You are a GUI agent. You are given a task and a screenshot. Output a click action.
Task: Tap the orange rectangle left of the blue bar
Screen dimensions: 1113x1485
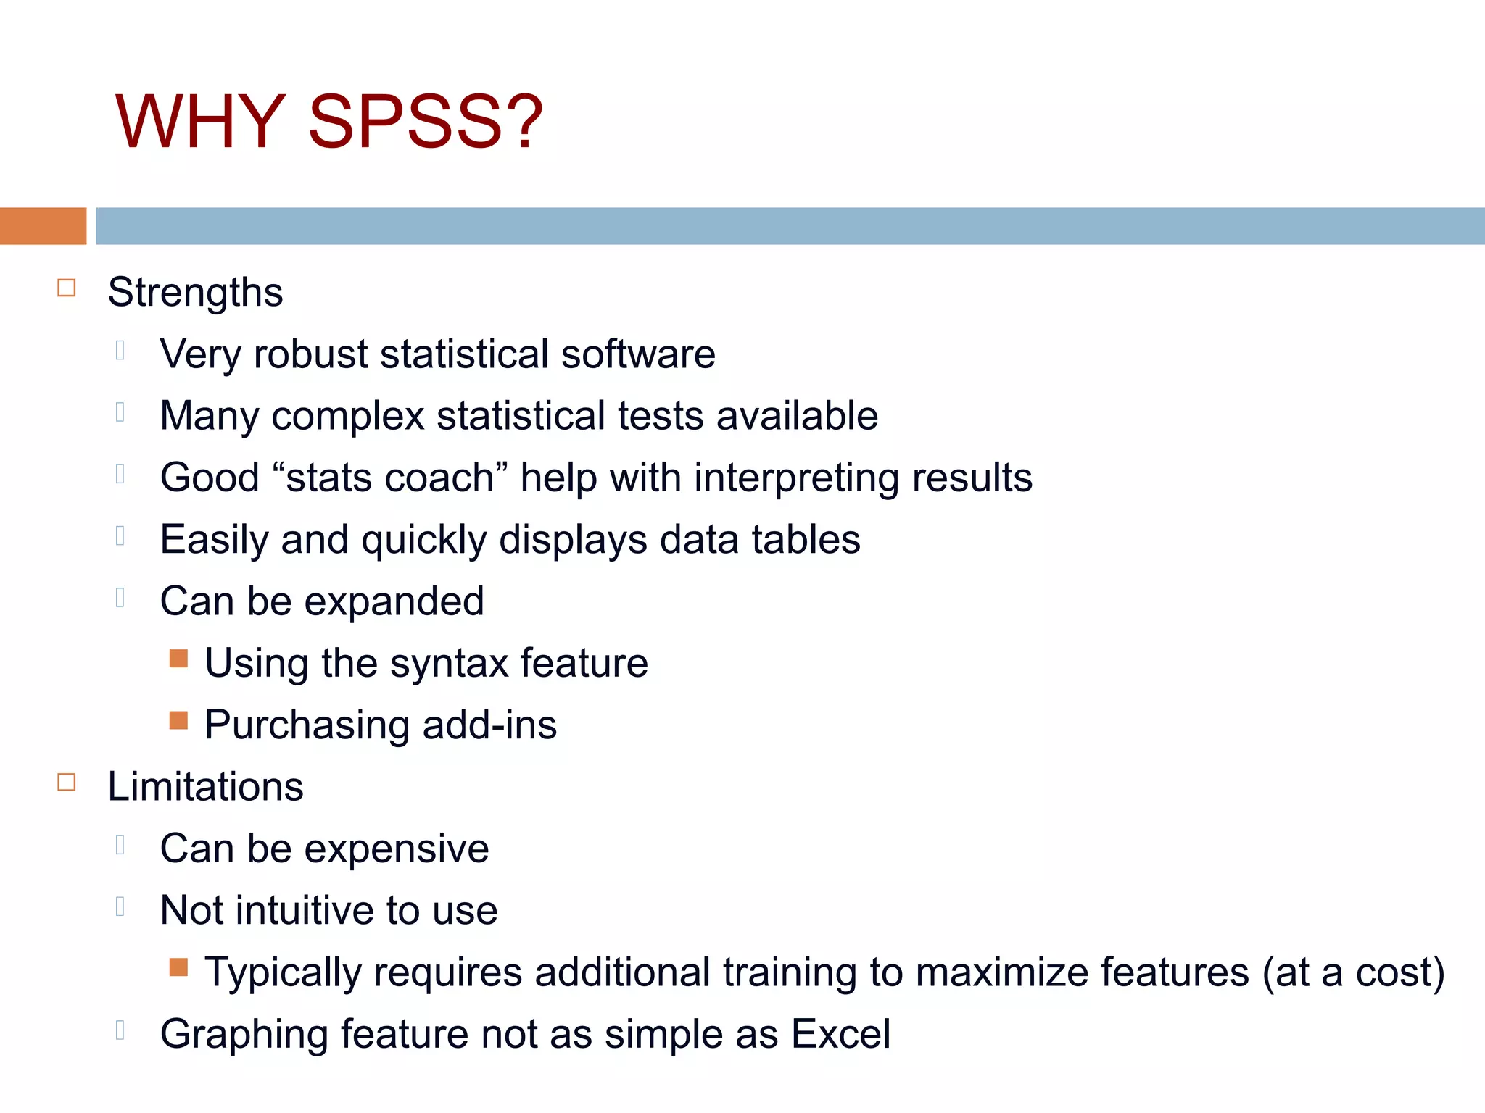[43, 226]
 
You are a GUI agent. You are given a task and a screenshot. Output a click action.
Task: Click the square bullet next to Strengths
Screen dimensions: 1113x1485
[67, 288]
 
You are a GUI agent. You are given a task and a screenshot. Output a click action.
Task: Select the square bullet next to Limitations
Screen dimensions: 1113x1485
[67, 783]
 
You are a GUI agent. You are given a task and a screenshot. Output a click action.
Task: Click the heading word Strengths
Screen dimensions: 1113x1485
[195, 293]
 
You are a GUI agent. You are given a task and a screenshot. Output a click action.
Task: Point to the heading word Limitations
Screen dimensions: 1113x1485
[205, 787]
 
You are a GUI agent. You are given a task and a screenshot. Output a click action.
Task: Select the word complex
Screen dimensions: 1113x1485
[348, 417]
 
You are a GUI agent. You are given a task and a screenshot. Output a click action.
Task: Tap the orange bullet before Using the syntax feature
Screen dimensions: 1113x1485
[178, 659]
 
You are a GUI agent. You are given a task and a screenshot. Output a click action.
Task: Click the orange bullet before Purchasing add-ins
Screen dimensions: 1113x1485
[178, 720]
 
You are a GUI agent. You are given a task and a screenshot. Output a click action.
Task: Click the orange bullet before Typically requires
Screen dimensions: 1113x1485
[178, 967]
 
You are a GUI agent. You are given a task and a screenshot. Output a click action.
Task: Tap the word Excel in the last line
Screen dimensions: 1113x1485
[840, 1034]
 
